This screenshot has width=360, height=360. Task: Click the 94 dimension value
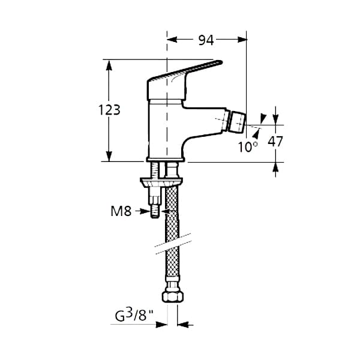[x=206, y=40]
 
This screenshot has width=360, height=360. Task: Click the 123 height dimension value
[x=109, y=110]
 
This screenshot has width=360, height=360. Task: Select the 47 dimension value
[x=275, y=142]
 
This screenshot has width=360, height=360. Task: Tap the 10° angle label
[x=248, y=147]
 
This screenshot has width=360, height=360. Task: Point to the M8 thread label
[x=121, y=211]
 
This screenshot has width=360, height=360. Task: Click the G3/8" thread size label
[x=134, y=315]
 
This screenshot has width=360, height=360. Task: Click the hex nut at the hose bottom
[x=173, y=297]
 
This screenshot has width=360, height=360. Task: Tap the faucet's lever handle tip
[x=221, y=62]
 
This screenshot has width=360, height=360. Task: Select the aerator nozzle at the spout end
[x=238, y=122]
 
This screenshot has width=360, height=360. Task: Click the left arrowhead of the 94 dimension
[x=172, y=40]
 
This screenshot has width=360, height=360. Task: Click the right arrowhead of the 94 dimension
[x=242, y=40]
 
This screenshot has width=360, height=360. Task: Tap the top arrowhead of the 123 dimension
[x=109, y=65]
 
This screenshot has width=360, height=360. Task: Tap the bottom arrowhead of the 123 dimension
[x=109, y=157]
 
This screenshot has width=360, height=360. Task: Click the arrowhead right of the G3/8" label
[x=161, y=325]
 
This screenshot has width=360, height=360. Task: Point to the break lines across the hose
[x=173, y=244]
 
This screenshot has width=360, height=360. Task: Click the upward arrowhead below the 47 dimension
[x=276, y=167]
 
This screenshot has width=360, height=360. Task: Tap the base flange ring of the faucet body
[x=166, y=160]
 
